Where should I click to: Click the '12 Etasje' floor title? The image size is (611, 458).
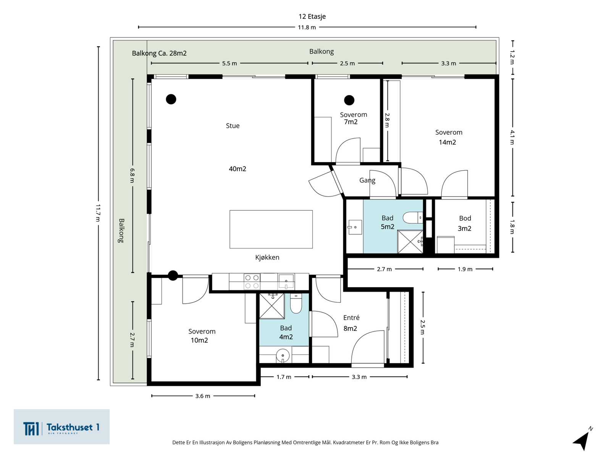click(312, 16)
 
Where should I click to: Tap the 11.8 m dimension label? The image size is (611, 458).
click(307, 27)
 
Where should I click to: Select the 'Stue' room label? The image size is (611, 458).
click(233, 126)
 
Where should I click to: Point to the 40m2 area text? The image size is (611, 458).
click(238, 169)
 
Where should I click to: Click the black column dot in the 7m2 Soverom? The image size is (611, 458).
click(349, 100)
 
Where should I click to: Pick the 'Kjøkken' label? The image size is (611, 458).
click(267, 257)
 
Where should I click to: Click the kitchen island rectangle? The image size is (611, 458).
click(271, 229)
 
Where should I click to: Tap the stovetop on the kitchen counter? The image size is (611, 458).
click(252, 281)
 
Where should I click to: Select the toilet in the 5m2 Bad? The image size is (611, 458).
click(413, 218)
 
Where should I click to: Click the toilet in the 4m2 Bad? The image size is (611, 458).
click(296, 303)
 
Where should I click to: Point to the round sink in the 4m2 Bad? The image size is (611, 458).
click(283, 356)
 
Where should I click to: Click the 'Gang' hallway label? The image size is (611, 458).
click(367, 181)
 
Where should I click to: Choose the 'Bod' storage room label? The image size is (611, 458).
click(465, 218)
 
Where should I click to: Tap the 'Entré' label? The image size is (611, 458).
click(351, 318)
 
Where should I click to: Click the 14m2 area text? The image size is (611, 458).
click(447, 142)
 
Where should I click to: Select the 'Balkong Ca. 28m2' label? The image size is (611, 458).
click(159, 53)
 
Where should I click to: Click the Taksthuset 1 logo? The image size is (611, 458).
click(61, 427)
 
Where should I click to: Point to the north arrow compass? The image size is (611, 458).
click(583, 439)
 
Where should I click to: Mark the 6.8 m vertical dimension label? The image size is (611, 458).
click(132, 176)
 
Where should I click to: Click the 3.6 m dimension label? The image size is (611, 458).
click(203, 396)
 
